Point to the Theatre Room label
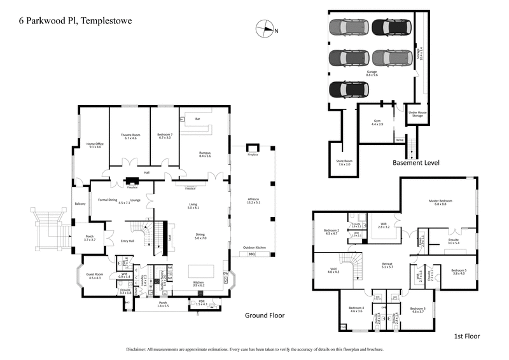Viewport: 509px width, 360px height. coord(130,136)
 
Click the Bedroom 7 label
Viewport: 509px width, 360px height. coord(167,136)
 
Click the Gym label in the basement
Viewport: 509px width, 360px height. coord(377,122)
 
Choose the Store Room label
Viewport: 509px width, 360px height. coord(344,162)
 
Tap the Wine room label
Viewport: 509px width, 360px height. coord(400,140)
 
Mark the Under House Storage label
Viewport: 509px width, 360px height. coord(417,114)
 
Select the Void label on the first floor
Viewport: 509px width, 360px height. coord(333,270)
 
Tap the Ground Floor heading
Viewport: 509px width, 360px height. coord(265,315)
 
